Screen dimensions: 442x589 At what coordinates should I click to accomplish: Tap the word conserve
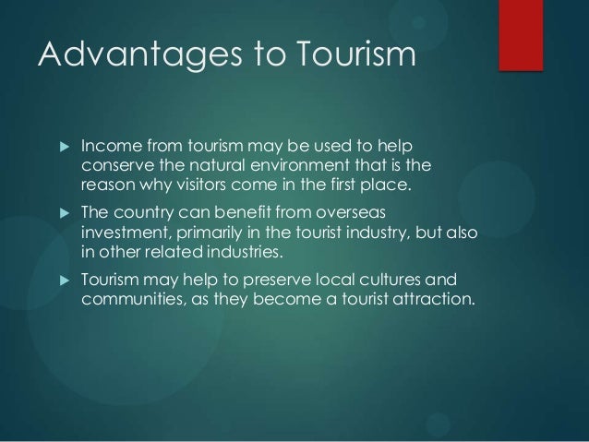pyautogui.click(x=116, y=167)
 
